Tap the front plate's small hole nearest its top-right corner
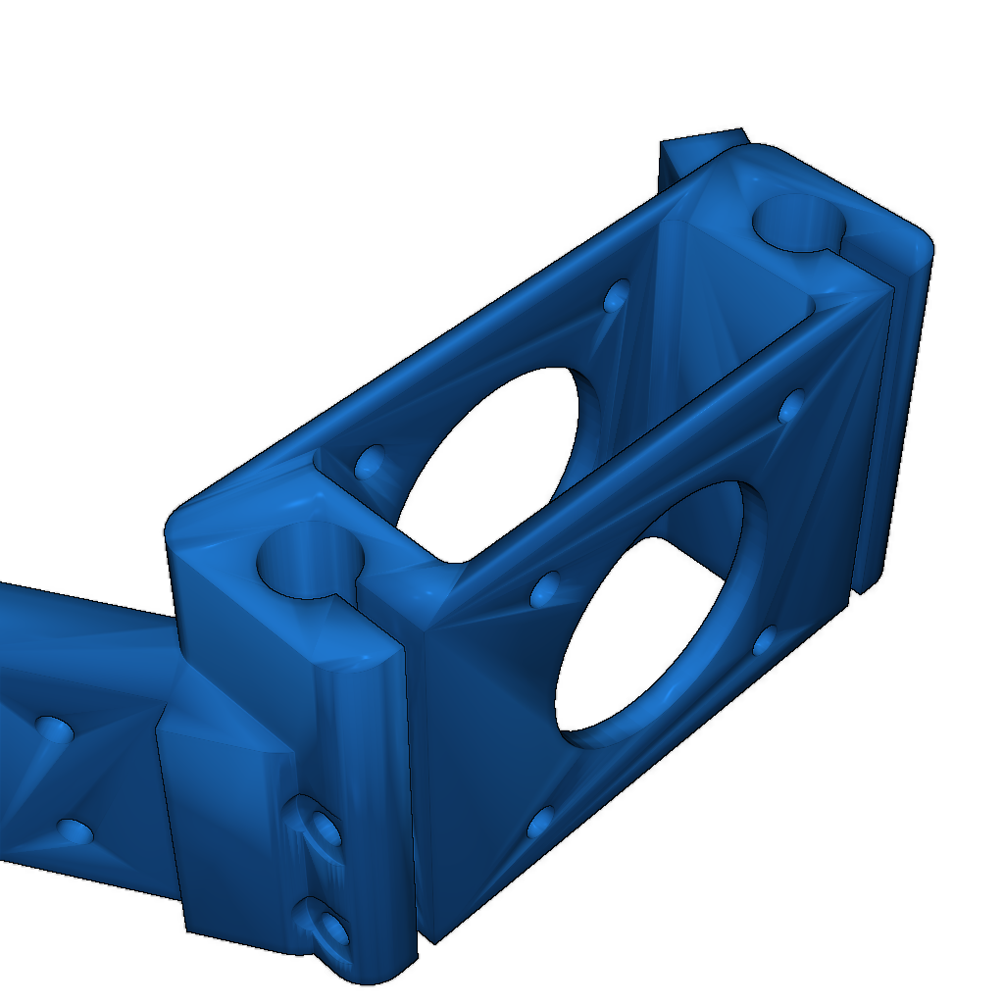click(790, 404)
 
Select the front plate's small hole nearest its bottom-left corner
click(540, 822)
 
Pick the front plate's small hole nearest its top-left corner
click(544, 588)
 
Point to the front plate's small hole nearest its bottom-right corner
click(765, 642)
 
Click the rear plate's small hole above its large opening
click(617, 295)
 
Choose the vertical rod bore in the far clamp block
click(799, 223)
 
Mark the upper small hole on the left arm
click(54, 728)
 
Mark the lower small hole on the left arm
click(75, 832)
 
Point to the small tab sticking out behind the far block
click(701, 145)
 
